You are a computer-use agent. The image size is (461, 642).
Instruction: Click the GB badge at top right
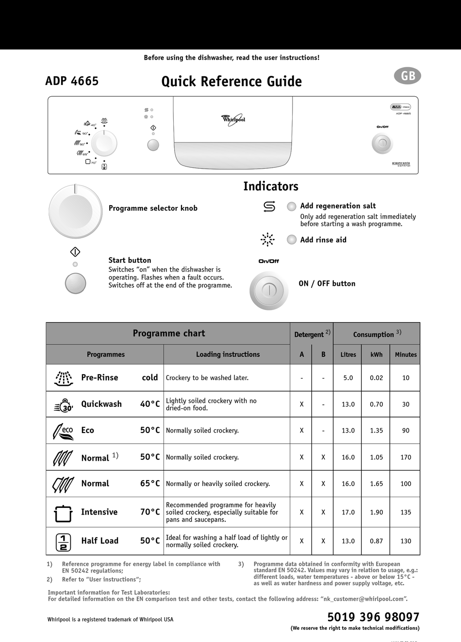(408, 76)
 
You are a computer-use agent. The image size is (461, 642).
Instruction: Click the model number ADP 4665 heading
(72, 81)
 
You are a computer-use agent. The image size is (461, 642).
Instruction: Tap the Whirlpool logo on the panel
(233, 119)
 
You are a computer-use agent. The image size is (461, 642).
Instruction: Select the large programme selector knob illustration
(75, 211)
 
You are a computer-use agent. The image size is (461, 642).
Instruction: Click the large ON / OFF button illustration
(269, 291)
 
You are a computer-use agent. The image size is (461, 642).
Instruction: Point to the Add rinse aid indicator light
(292, 240)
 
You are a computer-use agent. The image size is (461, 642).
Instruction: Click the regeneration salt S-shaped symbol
(269, 207)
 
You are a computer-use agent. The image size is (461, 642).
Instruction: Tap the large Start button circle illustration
(75, 283)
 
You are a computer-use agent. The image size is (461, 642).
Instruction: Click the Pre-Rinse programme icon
(64, 378)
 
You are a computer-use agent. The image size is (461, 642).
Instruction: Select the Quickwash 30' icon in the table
(64, 404)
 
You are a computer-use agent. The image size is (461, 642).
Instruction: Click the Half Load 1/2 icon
(64, 541)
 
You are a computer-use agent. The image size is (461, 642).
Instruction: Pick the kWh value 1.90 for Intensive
(376, 512)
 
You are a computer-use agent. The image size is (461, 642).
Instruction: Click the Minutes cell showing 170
(406, 457)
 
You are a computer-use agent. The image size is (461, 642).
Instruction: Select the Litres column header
(348, 355)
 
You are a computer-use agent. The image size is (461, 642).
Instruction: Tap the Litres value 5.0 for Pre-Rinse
(348, 378)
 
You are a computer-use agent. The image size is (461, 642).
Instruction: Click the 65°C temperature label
(150, 484)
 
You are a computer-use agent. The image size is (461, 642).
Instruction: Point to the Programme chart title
(168, 333)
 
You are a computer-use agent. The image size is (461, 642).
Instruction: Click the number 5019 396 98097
(373, 617)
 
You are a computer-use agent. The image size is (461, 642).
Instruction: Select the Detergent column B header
(323, 355)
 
